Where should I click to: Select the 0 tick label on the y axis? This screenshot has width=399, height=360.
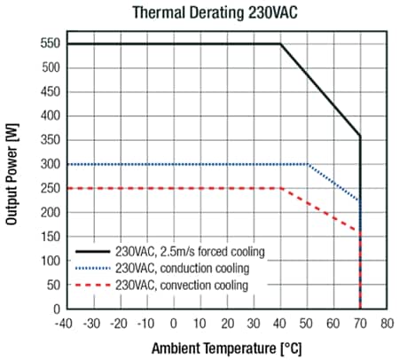click(55, 309)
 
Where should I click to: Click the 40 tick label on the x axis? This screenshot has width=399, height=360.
click(280, 324)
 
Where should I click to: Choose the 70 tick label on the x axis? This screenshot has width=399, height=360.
click(360, 324)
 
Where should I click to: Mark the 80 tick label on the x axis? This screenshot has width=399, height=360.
click(387, 324)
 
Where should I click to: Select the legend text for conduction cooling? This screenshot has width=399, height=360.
click(182, 267)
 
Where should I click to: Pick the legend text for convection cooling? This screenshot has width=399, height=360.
click(182, 284)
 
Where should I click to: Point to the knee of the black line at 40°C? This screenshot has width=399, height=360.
click(280, 43)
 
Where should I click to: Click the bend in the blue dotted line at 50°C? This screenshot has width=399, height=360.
click(308, 164)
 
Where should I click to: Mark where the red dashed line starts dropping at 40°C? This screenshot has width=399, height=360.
click(280, 188)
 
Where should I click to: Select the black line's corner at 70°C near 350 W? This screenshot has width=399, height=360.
click(360, 137)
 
